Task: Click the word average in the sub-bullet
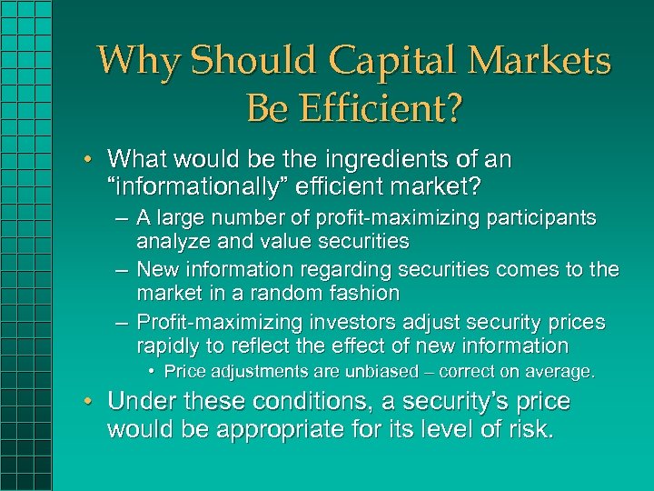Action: point(563,372)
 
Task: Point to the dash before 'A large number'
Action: point(121,218)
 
